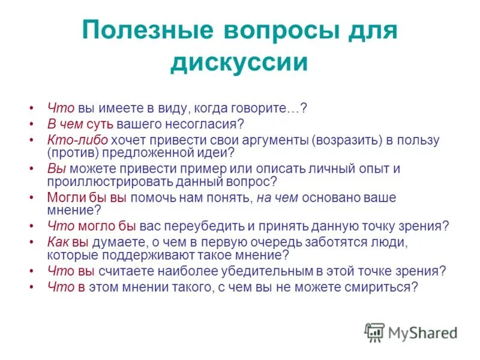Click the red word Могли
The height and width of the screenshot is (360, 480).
pyautogui.click(x=62, y=197)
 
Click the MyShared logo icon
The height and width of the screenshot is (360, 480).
pyautogui.click(x=374, y=332)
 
